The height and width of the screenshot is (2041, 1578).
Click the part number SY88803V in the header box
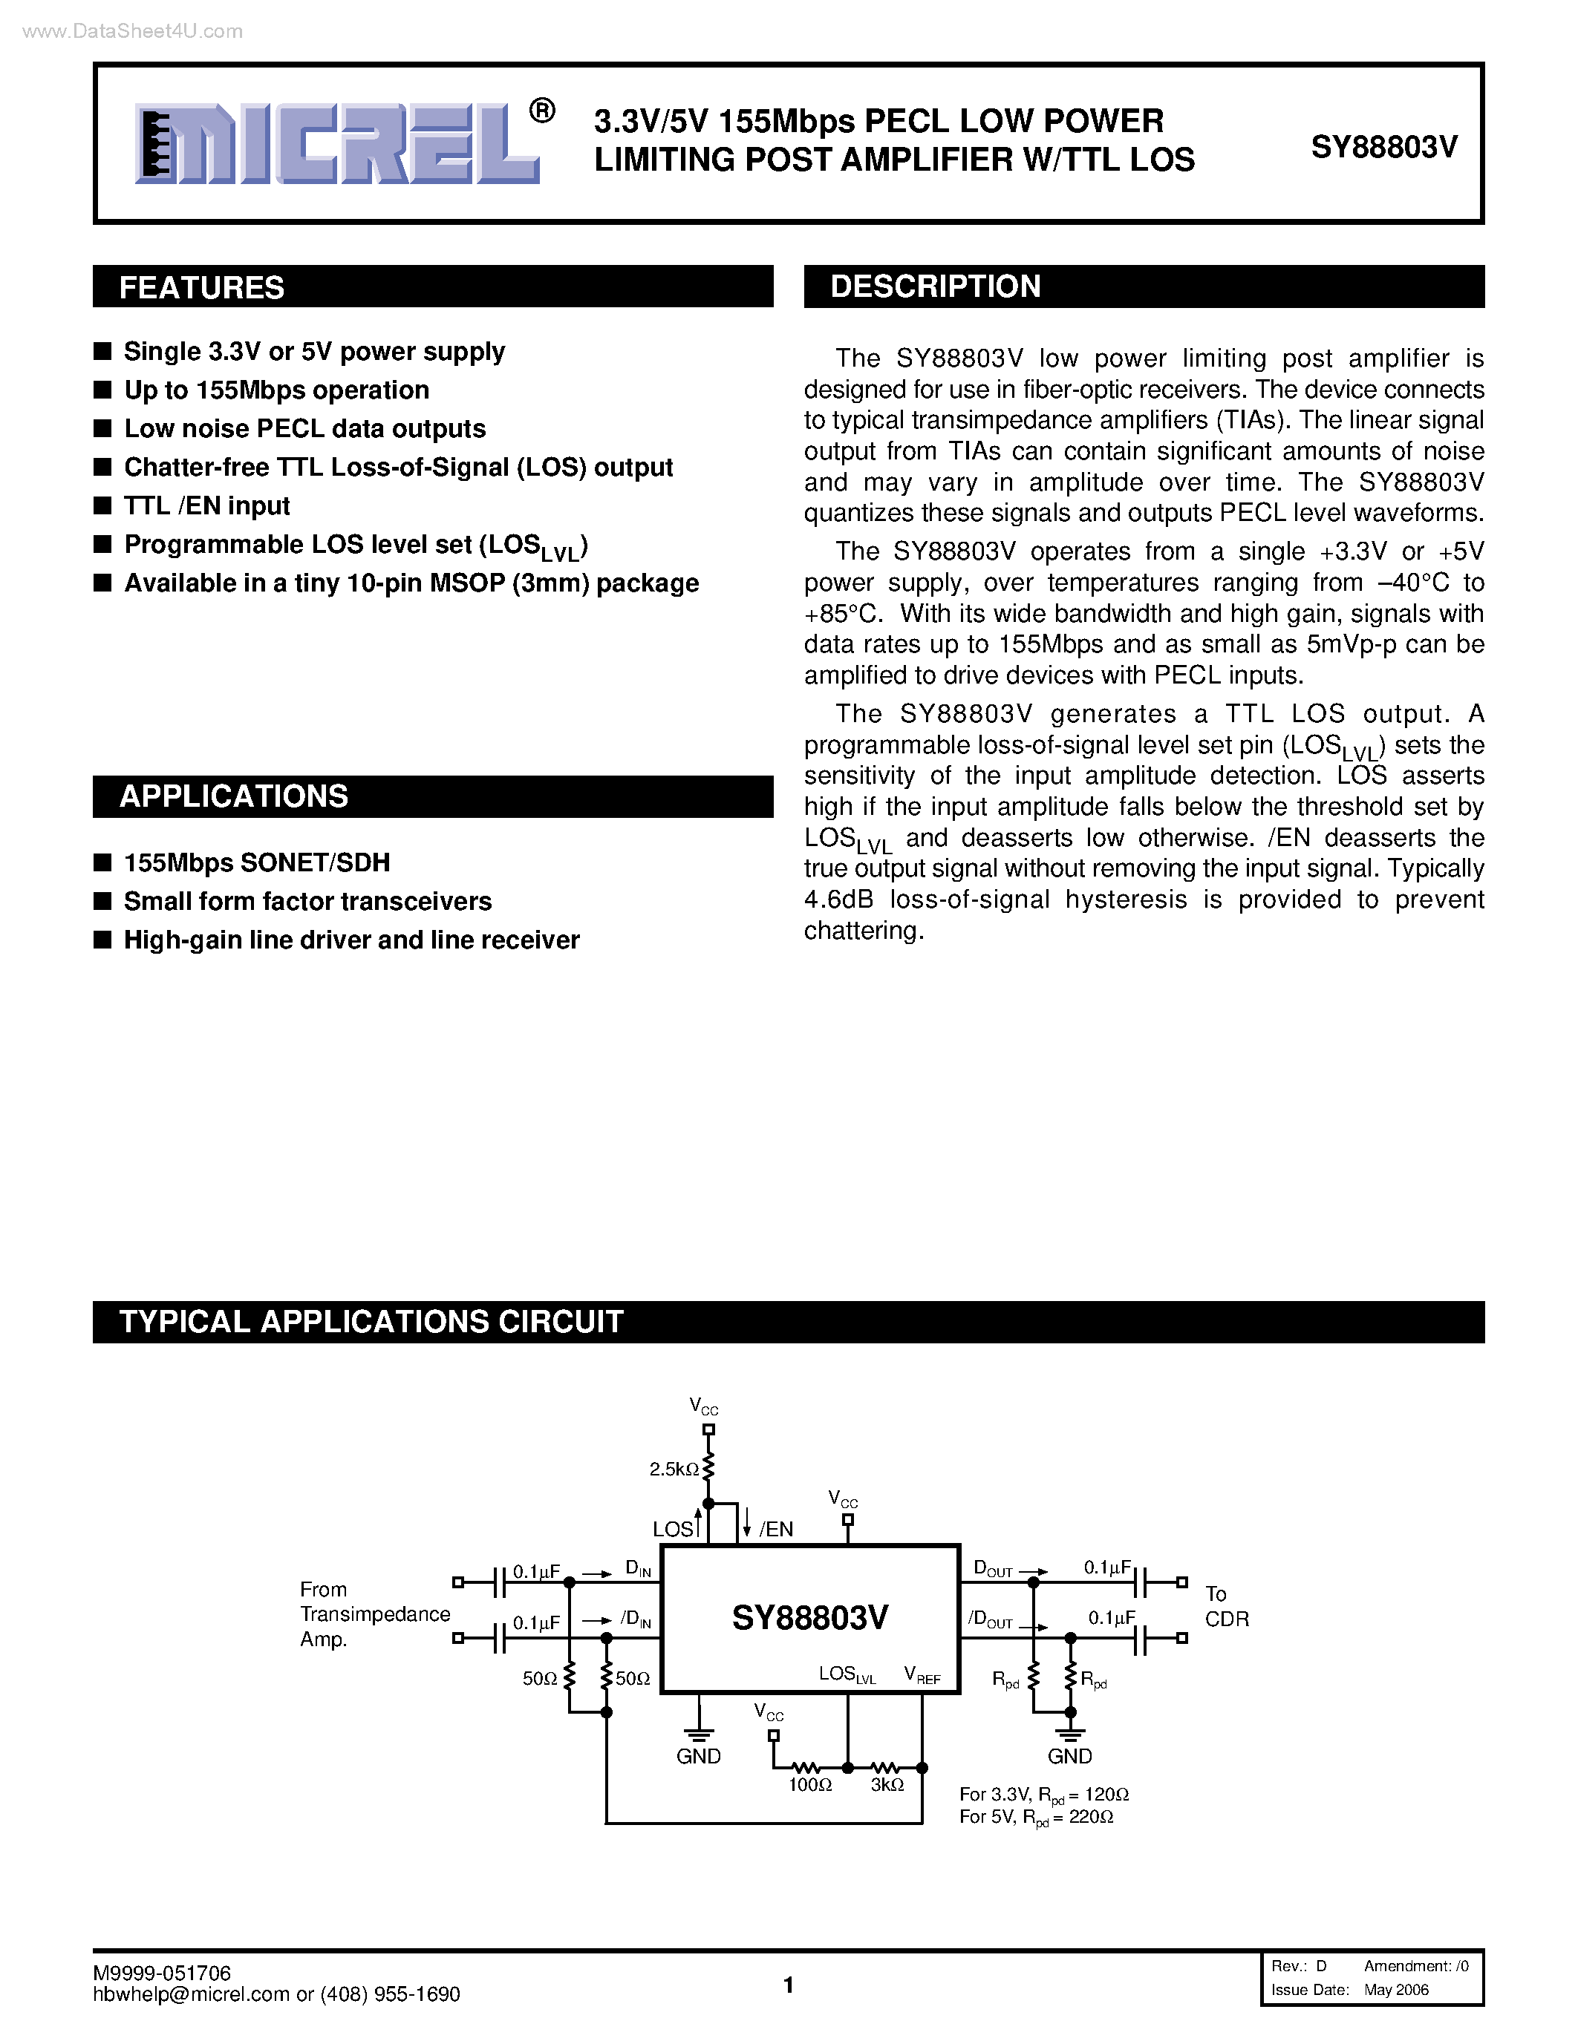1383,147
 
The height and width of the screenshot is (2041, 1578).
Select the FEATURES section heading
202,287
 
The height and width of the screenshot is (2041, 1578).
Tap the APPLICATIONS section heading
234,796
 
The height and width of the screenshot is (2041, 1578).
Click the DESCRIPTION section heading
935,286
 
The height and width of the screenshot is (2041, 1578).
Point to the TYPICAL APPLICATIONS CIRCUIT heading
371,1321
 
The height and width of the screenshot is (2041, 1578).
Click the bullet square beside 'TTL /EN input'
102,505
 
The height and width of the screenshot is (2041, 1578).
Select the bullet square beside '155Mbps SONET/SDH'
102,862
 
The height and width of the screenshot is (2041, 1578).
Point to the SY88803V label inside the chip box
809,1618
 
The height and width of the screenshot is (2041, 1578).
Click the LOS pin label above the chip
673,1530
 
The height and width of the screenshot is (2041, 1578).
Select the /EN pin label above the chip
776,1530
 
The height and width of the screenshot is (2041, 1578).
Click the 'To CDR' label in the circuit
1225,1606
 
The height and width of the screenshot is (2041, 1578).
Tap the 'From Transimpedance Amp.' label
374,1614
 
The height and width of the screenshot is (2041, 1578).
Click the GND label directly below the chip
698,1757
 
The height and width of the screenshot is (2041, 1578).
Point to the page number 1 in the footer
788,1985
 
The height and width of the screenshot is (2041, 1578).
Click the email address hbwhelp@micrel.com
191,1994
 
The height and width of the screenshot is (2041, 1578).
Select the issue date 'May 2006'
1396,1990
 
